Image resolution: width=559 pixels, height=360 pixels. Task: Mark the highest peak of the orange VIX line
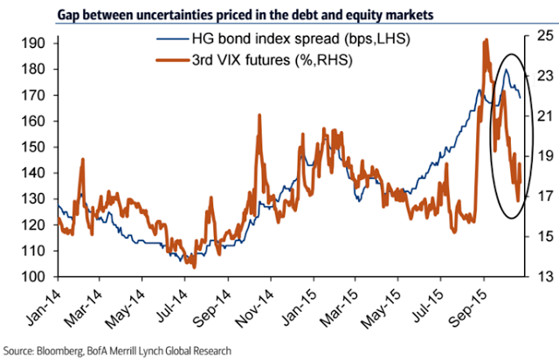485,40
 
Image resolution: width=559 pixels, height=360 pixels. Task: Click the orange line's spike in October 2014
259,116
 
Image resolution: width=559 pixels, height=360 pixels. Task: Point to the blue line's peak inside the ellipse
507,70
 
